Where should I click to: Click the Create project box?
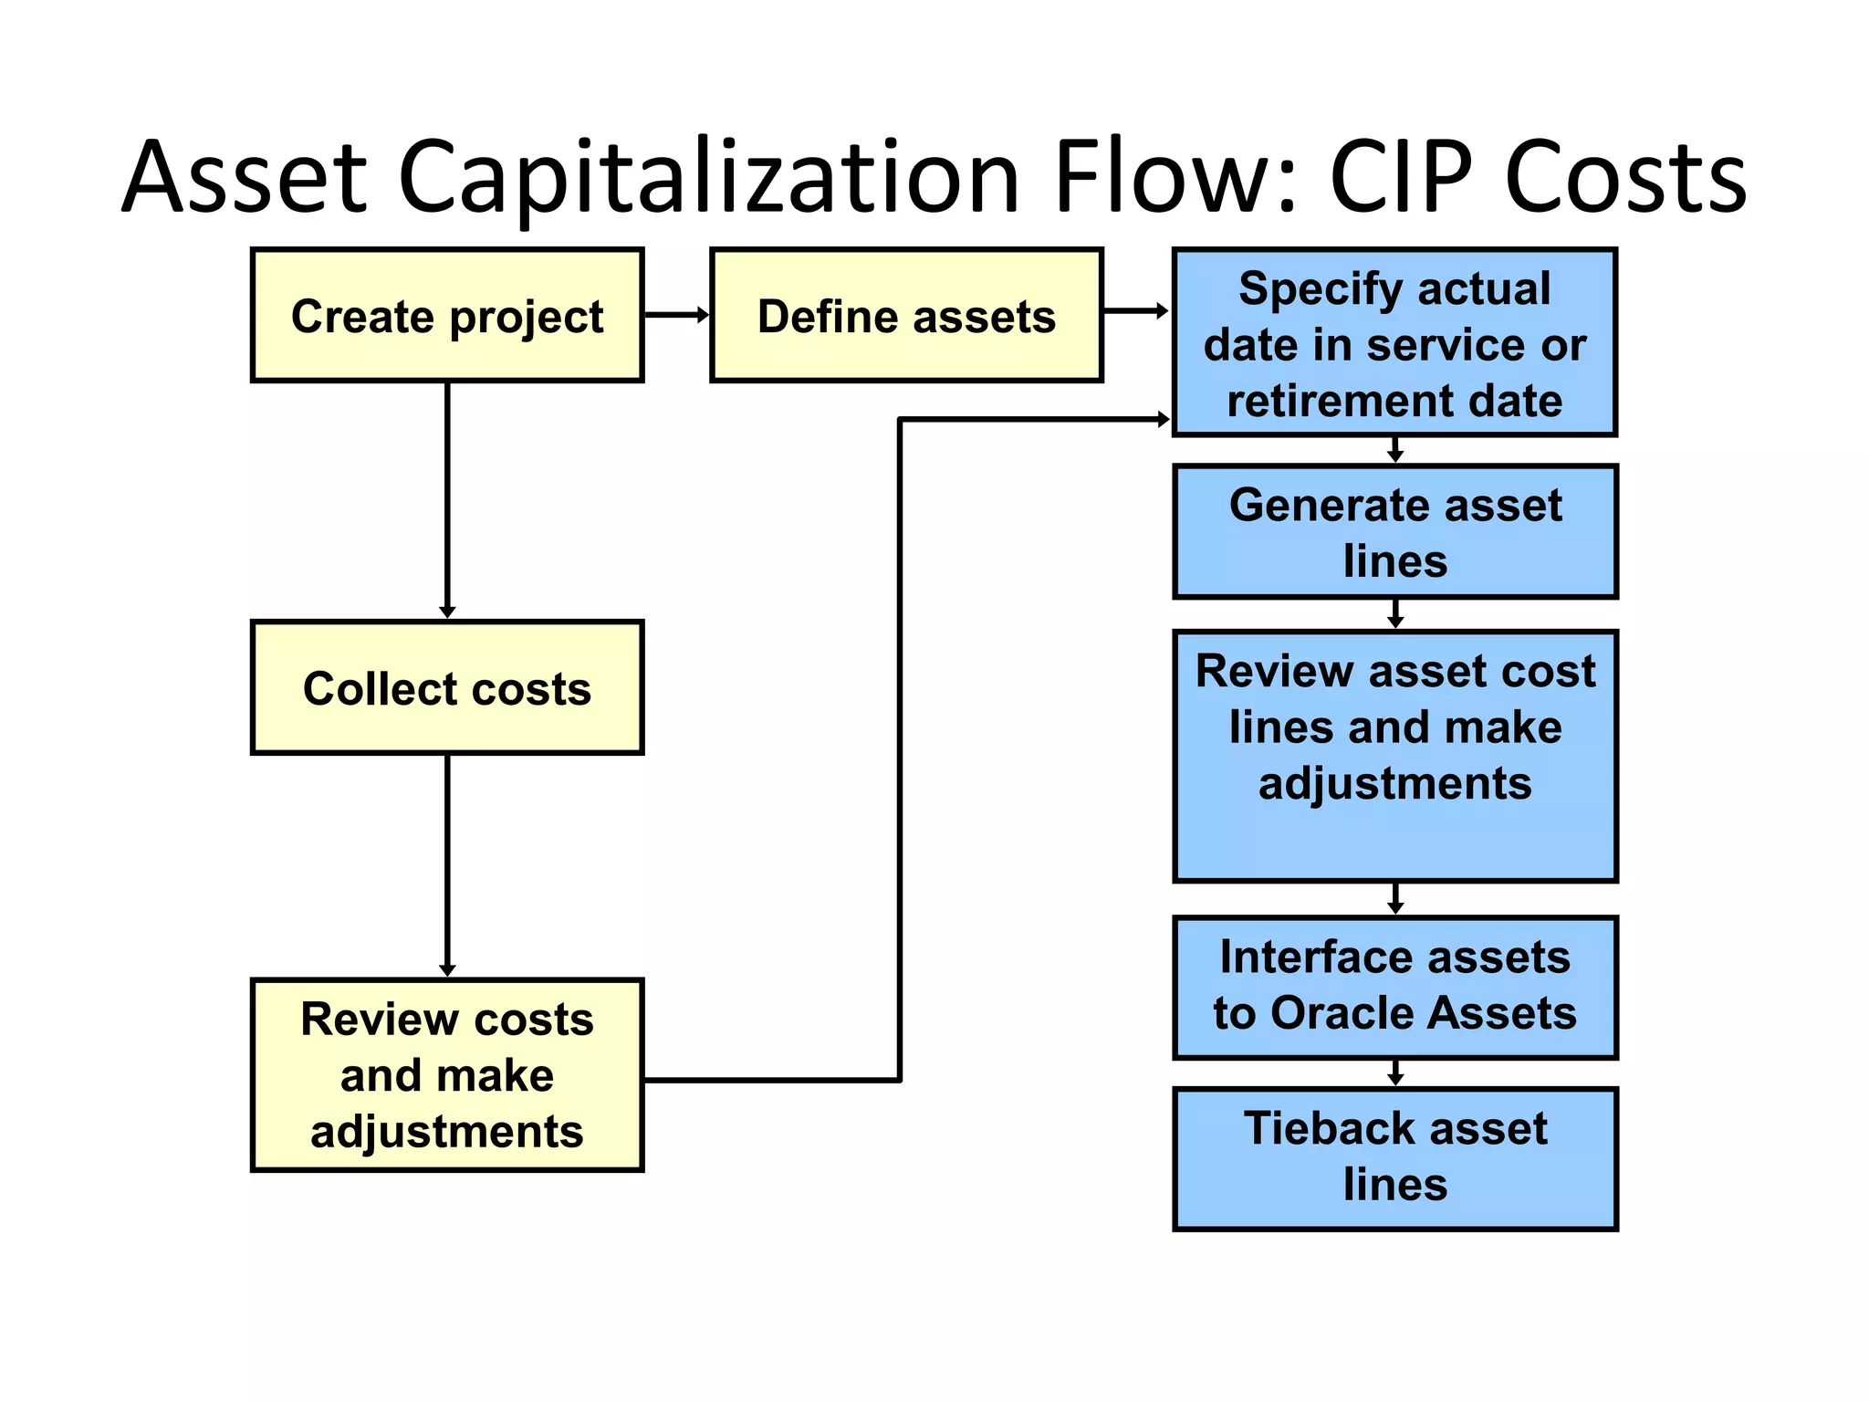pos(447,315)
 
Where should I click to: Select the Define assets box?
pos(906,315)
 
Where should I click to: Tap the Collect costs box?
pos(447,687)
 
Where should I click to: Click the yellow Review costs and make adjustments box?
pos(447,1074)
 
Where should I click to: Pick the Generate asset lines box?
pos(1394,531)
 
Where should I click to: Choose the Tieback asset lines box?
pos(1394,1157)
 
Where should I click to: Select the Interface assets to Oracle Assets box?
pos(1394,987)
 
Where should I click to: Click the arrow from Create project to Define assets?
pos(676,315)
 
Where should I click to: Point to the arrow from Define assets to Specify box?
pos(1135,311)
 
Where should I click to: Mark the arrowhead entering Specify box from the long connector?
pos(1163,420)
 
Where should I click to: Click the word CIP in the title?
pos(1401,176)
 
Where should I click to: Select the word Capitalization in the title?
pos(708,176)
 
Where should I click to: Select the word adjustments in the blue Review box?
pos(1394,783)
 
